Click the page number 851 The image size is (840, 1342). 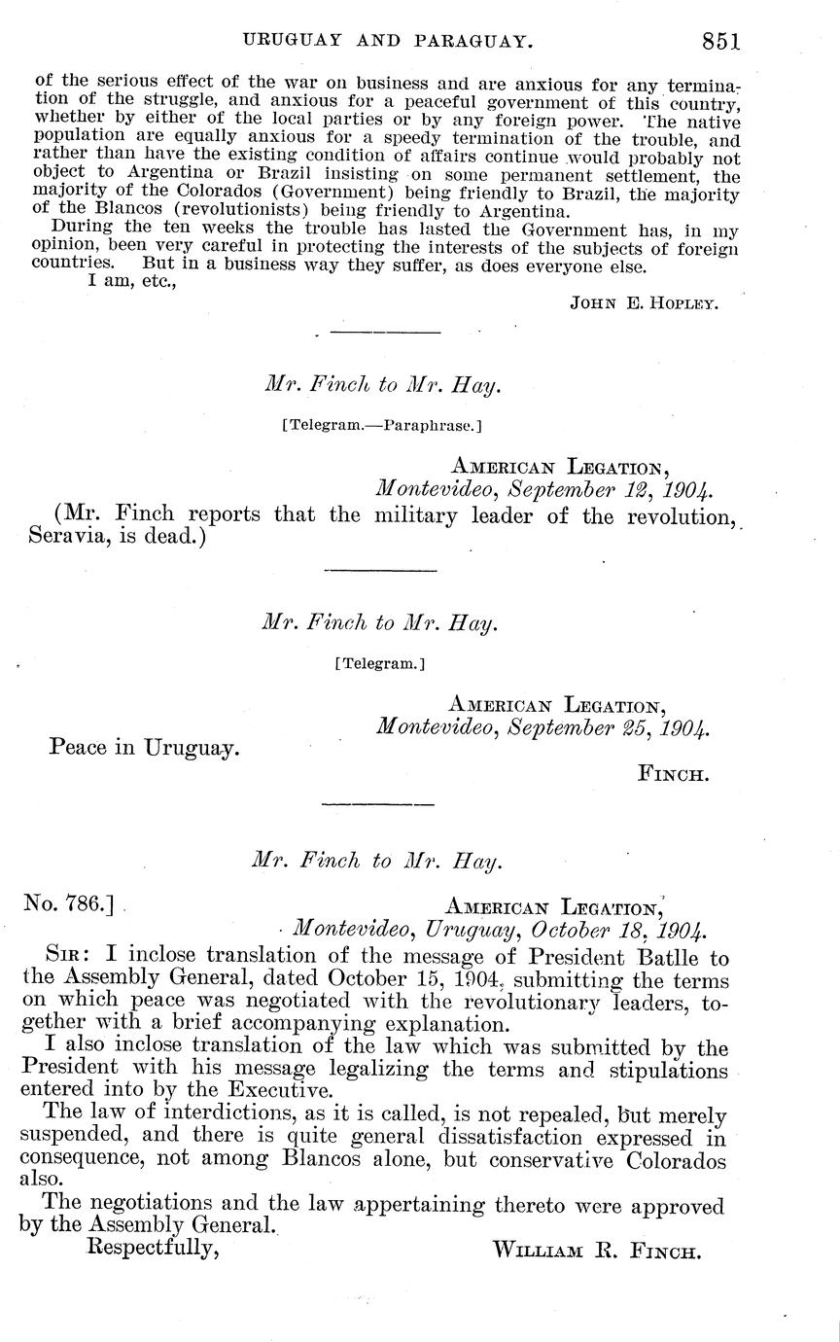click(718, 41)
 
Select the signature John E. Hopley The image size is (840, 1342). click(645, 302)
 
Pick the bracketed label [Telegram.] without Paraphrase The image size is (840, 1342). click(379, 665)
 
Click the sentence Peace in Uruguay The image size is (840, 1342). click(144, 748)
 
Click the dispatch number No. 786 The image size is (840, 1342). click(68, 903)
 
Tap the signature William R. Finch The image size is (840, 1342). click(596, 1251)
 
